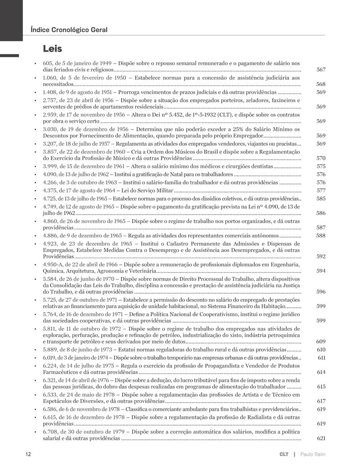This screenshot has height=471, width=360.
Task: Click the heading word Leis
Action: [52, 48]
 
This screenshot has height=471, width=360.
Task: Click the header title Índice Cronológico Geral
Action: [68, 30]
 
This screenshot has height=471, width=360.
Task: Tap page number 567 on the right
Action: [321, 70]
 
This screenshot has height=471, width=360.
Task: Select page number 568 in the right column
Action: [321, 84]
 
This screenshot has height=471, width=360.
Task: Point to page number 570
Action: [321, 158]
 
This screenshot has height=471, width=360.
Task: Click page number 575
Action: [321, 166]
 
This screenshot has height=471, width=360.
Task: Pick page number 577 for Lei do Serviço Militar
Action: [321, 190]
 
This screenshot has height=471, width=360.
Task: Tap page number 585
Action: [321, 198]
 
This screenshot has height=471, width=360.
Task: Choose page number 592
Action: [321, 256]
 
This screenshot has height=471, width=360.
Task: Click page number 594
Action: [321, 271]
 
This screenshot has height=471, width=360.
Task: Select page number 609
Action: [321, 341]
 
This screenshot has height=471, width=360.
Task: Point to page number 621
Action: [321, 438]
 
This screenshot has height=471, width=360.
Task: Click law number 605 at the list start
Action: [47, 63]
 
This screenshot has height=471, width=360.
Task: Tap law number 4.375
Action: [50, 190]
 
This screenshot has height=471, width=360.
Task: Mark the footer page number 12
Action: [28, 454]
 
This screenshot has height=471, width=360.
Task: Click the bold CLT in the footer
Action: [283, 454]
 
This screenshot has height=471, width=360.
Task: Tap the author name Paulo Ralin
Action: [312, 454]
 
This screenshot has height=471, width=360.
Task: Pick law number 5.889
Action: [50, 350]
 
